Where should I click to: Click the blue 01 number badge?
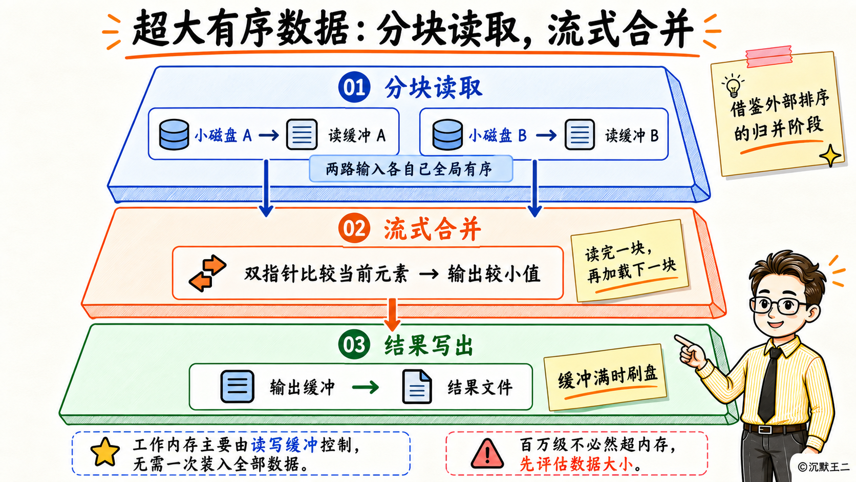pos(354,87)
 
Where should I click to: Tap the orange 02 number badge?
pos(354,228)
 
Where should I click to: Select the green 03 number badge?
pos(354,344)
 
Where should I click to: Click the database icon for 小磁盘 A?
pos(174,134)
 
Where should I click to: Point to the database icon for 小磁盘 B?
pos(447,134)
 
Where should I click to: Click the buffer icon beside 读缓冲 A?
pos(302,134)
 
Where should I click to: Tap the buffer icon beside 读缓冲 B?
pos(580,134)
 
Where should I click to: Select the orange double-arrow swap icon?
pos(207,273)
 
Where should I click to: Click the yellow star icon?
pos(105,452)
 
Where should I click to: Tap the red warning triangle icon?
pos(487,453)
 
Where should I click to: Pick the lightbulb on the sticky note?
pos(733,86)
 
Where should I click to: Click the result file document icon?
pos(417,386)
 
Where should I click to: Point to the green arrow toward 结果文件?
pos(365,387)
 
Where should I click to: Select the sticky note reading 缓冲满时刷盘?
pos(606,378)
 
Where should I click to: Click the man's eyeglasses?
pos(778,305)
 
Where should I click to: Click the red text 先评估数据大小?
pos(576,464)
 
